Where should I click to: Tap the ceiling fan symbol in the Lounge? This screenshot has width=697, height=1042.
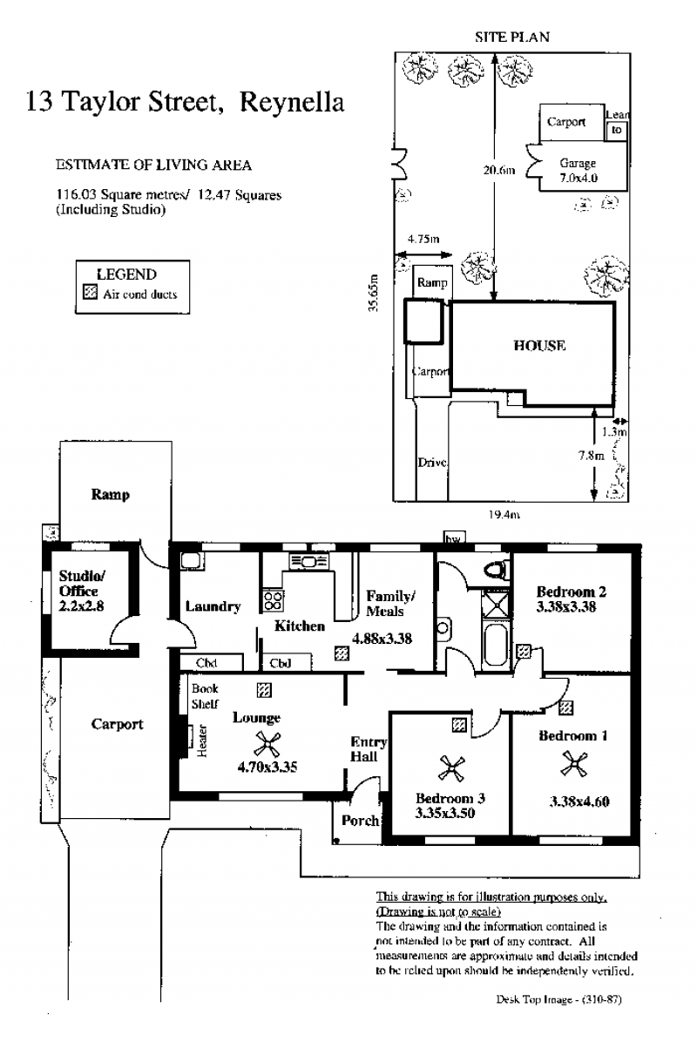pos(267,744)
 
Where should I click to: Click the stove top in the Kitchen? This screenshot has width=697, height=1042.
pos(273,601)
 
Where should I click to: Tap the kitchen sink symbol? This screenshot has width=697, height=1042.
pos(309,562)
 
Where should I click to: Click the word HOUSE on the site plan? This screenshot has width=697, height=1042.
pos(539,346)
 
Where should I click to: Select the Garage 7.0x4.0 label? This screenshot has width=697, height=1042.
pos(578,170)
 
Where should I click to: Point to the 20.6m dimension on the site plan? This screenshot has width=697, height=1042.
pos(499,170)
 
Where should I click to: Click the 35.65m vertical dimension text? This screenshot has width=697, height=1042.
pos(373,293)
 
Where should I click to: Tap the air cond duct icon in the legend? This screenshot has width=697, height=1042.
pos(90,293)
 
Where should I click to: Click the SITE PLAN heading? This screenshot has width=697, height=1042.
pos(512,37)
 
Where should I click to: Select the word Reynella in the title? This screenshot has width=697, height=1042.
pos(292,102)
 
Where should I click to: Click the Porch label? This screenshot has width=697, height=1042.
pos(360,821)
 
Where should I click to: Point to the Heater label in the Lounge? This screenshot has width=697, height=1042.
pos(202,741)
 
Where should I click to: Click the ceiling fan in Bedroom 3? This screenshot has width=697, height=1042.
pos(451,769)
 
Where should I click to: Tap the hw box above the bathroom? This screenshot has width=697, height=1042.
pos(454,538)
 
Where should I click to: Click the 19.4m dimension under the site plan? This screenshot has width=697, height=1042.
pos(504,514)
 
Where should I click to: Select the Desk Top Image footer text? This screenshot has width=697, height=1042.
pos(558,998)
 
